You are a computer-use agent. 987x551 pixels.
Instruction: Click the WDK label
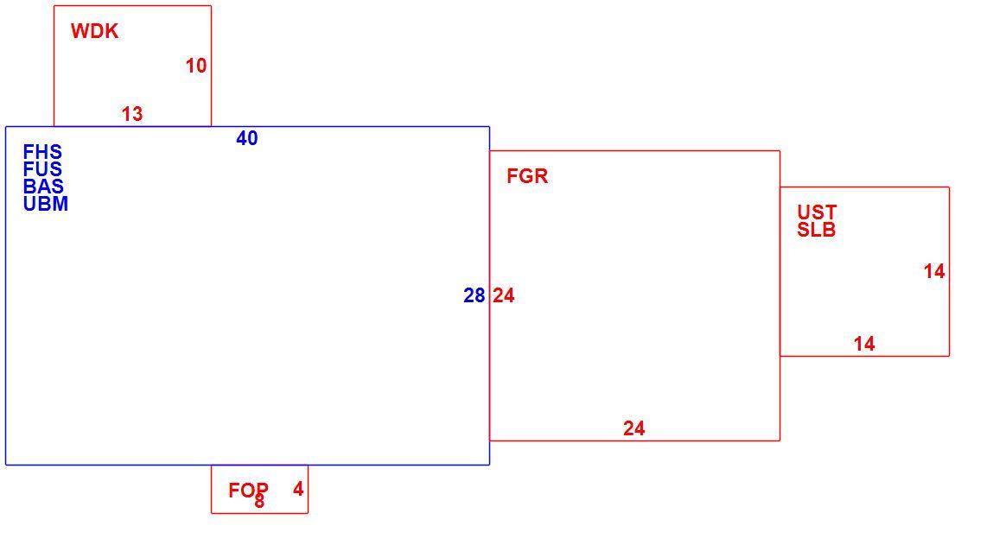(x=94, y=31)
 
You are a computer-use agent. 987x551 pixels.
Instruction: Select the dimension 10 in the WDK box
(x=196, y=66)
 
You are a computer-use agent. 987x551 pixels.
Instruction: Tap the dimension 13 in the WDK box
(x=132, y=114)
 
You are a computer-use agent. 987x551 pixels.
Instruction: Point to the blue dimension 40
(x=247, y=138)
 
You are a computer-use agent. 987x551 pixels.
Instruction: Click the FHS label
(x=42, y=152)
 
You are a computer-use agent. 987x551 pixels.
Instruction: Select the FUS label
(x=42, y=168)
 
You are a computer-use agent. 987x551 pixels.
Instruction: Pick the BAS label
(x=43, y=187)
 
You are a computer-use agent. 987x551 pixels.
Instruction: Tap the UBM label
(x=45, y=204)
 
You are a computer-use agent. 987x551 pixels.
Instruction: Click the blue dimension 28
(x=474, y=295)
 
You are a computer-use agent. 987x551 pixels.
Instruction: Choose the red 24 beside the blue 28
(x=504, y=295)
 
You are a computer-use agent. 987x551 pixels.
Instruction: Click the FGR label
(x=527, y=176)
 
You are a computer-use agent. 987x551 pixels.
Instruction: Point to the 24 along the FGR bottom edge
(x=634, y=428)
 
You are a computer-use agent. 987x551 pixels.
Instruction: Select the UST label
(x=817, y=212)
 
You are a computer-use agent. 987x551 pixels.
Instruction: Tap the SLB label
(x=817, y=230)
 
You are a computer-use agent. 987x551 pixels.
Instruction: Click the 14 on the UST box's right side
(x=934, y=271)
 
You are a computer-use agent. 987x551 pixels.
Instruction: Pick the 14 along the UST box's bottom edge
(x=864, y=344)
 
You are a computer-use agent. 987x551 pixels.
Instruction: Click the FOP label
(x=249, y=490)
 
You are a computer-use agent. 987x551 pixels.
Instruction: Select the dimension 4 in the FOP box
(x=298, y=489)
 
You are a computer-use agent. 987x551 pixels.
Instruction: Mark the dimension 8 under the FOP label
(x=259, y=502)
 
